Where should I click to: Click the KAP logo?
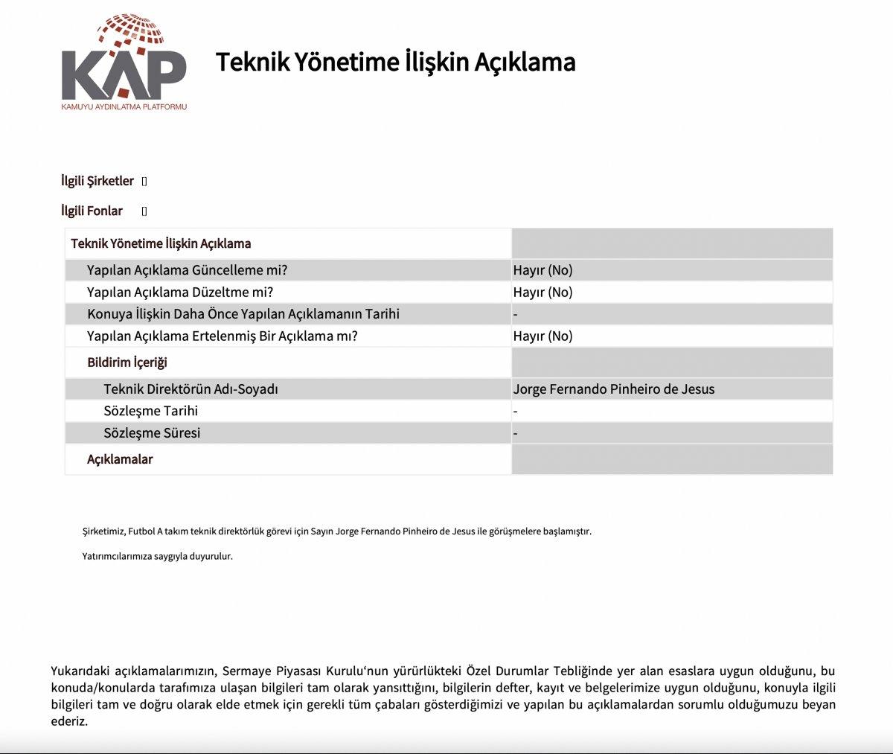click(124, 63)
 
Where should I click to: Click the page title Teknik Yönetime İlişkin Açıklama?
click(395, 62)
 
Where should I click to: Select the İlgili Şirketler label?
click(97, 181)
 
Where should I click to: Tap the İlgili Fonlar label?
click(92, 211)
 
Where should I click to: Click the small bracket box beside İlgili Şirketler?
click(144, 182)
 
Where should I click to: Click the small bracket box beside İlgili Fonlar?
click(144, 211)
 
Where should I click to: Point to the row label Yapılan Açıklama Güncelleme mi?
click(187, 270)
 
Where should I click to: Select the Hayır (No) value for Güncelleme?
click(542, 270)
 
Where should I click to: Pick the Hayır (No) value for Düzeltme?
click(542, 293)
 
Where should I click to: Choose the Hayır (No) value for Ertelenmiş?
click(542, 336)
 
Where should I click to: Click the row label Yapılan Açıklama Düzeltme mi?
click(179, 293)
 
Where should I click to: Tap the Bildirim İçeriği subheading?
click(127, 362)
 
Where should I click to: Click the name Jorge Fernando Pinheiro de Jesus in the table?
click(613, 389)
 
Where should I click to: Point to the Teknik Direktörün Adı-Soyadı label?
click(191, 389)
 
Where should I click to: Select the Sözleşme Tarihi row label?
click(151, 411)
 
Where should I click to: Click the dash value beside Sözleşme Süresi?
click(516, 433)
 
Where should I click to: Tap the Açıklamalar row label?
click(120, 459)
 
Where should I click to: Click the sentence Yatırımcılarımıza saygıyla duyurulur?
click(157, 556)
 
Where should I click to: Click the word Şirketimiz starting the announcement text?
click(103, 531)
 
